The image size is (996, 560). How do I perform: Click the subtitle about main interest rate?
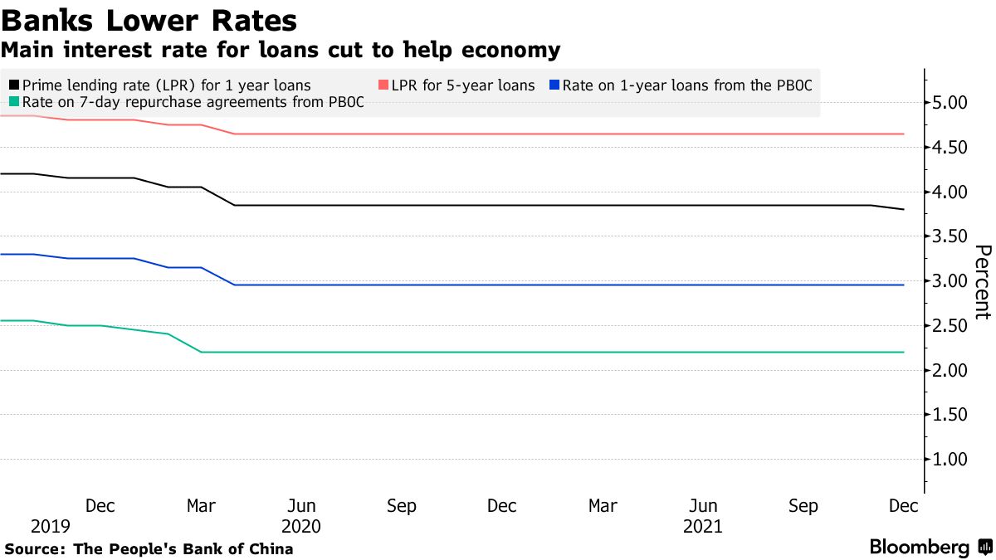coord(280,50)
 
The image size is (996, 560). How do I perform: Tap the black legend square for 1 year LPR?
coord(14,85)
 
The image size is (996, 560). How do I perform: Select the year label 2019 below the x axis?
coord(51,526)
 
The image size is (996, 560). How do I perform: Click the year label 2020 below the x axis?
coord(301,526)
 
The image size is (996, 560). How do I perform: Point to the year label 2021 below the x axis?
coord(702,526)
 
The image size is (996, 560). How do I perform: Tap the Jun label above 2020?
coord(301,506)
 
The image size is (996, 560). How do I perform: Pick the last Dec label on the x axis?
coord(903,506)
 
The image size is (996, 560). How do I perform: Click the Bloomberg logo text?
coord(920,548)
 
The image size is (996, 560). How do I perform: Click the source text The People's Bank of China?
coord(183,548)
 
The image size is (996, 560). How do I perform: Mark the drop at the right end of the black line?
coord(888,207)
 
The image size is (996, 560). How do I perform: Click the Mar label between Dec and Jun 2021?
coord(603,506)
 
